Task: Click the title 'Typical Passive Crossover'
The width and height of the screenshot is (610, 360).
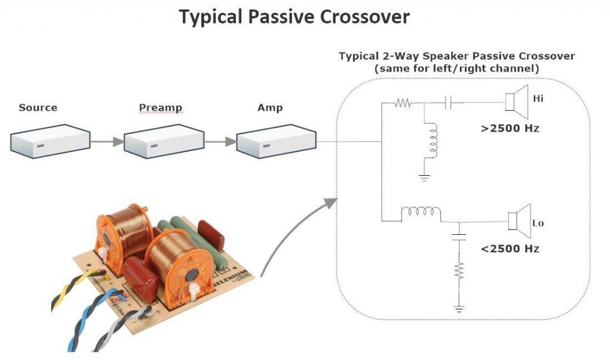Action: (x=294, y=17)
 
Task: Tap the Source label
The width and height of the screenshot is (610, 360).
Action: (x=38, y=108)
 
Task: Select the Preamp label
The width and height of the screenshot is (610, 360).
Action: (x=160, y=108)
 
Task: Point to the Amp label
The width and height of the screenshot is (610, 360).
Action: (x=269, y=108)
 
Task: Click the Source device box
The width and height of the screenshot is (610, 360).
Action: (x=50, y=141)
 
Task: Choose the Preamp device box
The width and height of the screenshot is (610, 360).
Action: (x=163, y=141)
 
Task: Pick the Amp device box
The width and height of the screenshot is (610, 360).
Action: (x=276, y=142)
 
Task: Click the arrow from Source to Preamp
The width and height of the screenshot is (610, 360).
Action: (x=106, y=142)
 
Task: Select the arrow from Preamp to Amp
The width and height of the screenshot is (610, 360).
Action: (x=220, y=142)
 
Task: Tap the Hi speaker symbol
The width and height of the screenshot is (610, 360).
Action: (x=516, y=99)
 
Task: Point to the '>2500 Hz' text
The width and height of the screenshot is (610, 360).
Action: (x=510, y=128)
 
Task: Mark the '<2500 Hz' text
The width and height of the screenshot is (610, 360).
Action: (x=510, y=249)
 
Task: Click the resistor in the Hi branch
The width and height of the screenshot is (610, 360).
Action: (x=403, y=103)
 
